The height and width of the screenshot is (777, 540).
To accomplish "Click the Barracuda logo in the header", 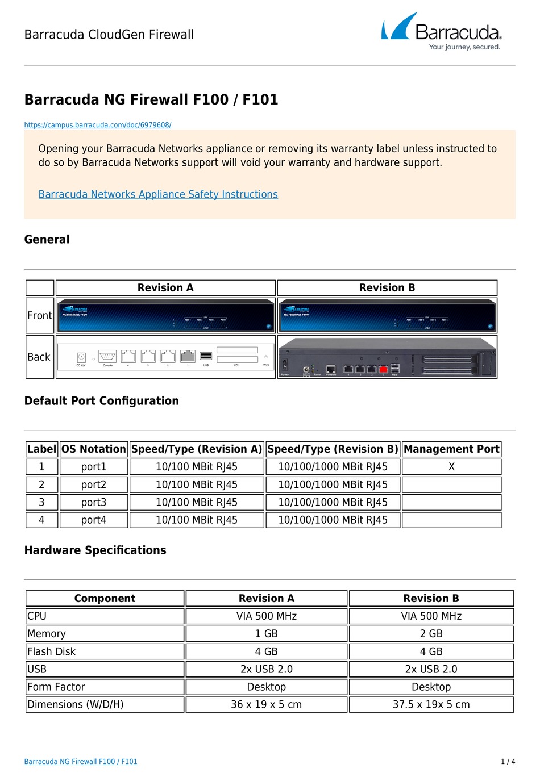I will click(441, 32).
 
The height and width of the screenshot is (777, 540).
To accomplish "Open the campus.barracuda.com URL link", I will click(97, 125).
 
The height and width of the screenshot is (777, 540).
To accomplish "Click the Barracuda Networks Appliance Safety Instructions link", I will click(158, 194).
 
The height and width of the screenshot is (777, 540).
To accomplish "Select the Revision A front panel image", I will click(165, 316).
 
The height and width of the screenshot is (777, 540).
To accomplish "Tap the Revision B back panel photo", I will click(387, 357).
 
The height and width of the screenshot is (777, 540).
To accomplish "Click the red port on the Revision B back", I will click(383, 370).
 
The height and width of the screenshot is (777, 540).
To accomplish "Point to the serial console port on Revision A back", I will click(107, 357).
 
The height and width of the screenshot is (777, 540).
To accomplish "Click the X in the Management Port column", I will click(451, 467).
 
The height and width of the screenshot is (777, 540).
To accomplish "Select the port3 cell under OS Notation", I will click(94, 503).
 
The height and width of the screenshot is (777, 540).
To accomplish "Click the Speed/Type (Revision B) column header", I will click(333, 449).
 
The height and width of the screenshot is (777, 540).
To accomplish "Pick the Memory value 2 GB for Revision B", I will click(431, 634).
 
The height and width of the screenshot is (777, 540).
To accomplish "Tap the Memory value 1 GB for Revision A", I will click(266, 634).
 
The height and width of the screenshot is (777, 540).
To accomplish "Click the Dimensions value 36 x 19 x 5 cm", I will click(266, 705).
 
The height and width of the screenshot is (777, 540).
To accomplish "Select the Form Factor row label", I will click(56, 687).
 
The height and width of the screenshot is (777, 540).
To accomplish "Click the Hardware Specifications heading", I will click(95, 550).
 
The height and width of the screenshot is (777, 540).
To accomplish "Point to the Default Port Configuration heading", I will click(101, 401).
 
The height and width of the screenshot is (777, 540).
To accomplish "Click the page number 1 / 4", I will click(508, 762).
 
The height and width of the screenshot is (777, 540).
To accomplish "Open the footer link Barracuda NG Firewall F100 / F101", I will click(81, 762).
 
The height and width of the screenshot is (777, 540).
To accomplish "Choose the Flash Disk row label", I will click(52, 651).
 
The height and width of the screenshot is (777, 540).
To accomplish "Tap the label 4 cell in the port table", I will click(41, 520).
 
